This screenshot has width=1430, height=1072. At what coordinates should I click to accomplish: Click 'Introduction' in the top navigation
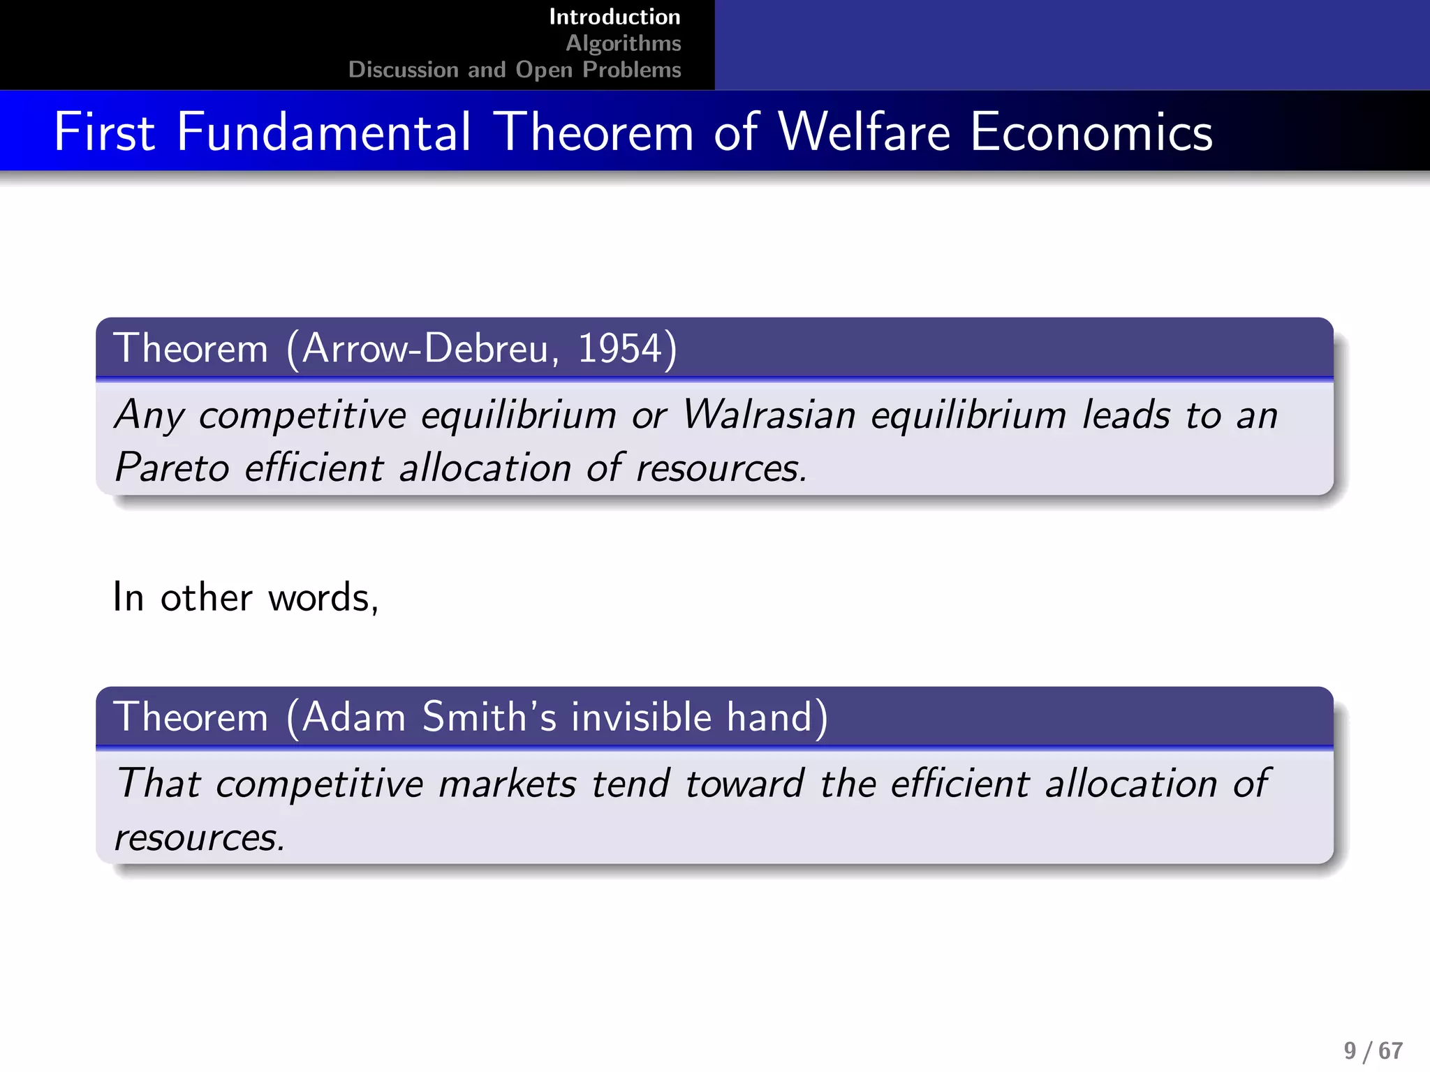pyautogui.click(x=614, y=17)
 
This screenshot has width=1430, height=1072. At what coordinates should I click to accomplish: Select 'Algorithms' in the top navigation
pyautogui.click(x=623, y=43)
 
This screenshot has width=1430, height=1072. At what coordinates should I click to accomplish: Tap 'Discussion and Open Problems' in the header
pyautogui.click(x=515, y=70)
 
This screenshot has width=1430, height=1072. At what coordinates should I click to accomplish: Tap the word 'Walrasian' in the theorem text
pyautogui.click(x=769, y=415)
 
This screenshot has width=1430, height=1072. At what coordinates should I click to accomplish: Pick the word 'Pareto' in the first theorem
pyautogui.click(x=172, y=467)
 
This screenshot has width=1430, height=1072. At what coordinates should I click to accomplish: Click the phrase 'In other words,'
pyautogui.click(x=246, y=597)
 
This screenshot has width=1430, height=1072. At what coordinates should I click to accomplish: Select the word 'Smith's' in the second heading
pyautogui.click(x=489, y=717)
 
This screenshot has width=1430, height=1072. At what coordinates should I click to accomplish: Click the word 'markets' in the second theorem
pyautogui.click(x=507, y=784)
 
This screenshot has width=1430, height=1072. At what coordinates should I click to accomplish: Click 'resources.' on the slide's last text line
pyautogui.click(x=200, y=837)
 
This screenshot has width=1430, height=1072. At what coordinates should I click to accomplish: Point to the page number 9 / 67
pyautogui.click(x=1373, y=1050)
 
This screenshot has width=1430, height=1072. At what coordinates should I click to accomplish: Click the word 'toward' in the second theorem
pyautogui.click(x=744, y=784)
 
